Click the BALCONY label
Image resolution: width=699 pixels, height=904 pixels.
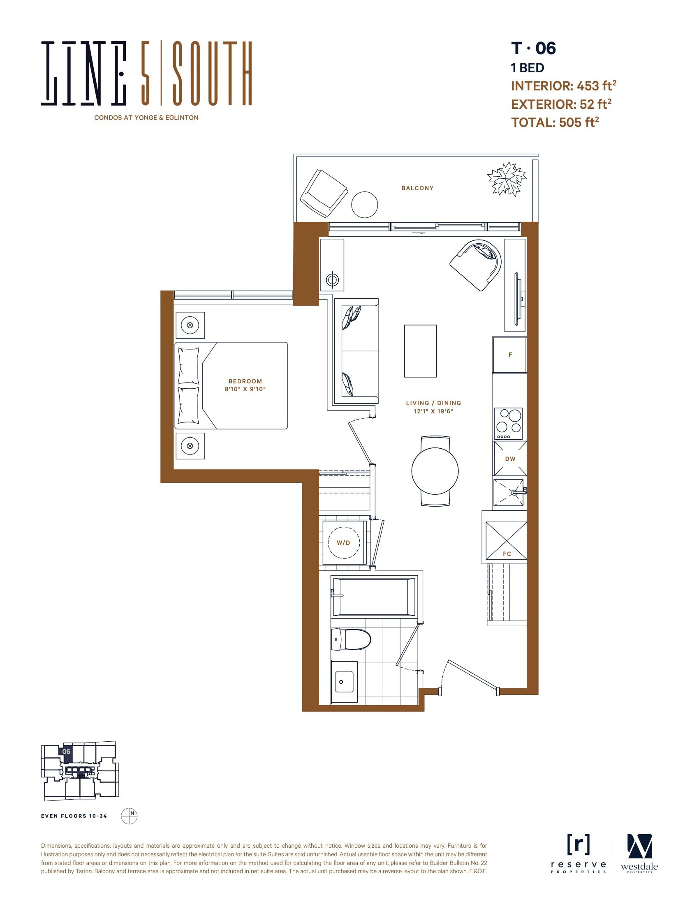[x=417, y=188]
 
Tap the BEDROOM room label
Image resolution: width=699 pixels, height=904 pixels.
[x=245, y=381]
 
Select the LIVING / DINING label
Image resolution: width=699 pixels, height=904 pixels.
[x=433, y=403]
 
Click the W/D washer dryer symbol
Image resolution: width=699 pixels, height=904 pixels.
[x=343, y=543]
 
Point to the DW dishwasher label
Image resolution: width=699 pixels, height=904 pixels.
[x=510, y=459]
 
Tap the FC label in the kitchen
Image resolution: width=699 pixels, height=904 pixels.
[x=507, y=554]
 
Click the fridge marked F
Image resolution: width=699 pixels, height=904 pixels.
[x=509, y=355]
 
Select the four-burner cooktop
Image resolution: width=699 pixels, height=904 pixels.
[x=509, y=424]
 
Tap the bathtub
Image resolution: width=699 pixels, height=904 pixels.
[x=373, y=597]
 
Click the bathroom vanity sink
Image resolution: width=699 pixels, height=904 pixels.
[x=344, y=682]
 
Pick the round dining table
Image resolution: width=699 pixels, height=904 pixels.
[x=435, y=471]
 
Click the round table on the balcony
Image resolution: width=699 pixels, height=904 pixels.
[x=364, y=205]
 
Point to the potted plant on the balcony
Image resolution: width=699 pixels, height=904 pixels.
[x=507, y=179]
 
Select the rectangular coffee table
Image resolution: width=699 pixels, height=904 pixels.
[x=420, y=351]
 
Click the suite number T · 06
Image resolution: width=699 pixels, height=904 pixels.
[x=533, y=48]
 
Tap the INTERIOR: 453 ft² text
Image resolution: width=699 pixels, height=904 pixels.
[x=564, y=86]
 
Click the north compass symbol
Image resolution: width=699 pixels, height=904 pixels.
[x=129, y=816]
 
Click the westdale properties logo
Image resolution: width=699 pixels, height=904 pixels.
[x=639, y=854]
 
